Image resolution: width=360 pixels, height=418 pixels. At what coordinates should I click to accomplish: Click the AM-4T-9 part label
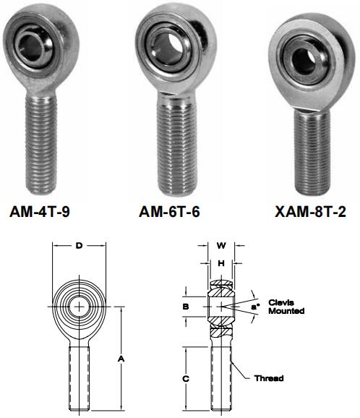click(x=40, y=212)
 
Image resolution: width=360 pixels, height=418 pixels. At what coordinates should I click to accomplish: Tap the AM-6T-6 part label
click(x=169, y=212)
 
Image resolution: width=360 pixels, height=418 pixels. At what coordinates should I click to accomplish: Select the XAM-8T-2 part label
click(x=310, y=212)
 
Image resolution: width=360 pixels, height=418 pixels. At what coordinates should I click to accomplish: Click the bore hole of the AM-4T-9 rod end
click(x=30, y=48)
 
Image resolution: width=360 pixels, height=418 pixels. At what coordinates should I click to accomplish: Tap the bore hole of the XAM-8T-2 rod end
click(x=304, y=61)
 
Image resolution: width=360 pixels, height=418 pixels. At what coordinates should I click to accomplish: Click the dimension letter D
click(x=79, y=246)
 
